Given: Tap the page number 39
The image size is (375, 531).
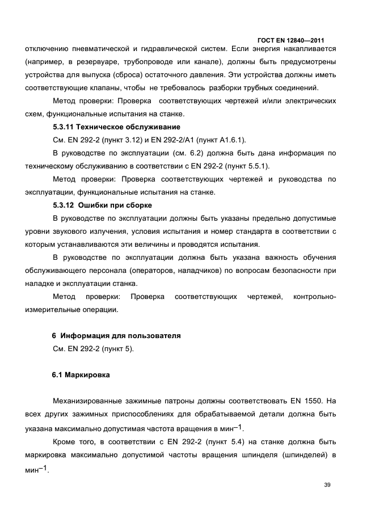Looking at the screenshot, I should [327, 484].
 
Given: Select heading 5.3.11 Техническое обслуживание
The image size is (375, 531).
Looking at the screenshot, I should [116, 127].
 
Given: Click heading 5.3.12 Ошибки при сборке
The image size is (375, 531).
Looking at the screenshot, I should [102, 205].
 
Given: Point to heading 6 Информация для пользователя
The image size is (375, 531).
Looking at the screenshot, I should [116, 336].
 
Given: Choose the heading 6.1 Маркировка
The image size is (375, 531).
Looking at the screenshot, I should [81, 375].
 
